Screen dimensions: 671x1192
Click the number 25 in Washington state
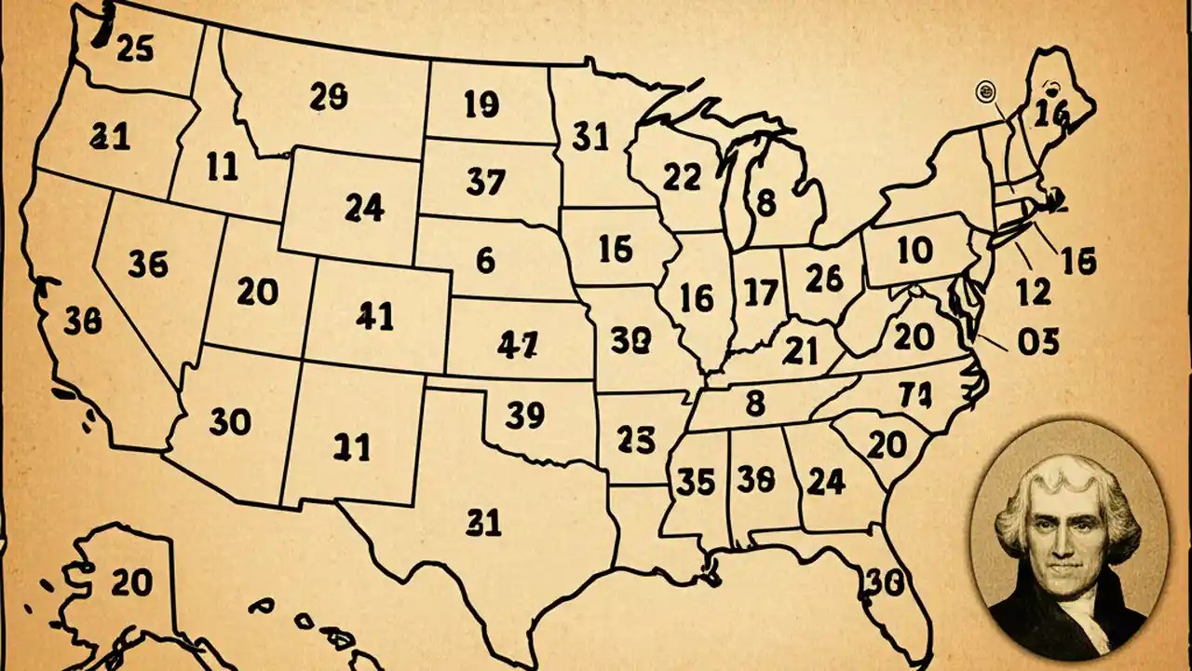(136, 48)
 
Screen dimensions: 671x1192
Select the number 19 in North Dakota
(481, 105)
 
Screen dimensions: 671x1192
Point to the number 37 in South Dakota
(485, 182)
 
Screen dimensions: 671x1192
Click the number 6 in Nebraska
(485, 260)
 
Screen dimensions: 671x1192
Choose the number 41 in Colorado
(375, 317)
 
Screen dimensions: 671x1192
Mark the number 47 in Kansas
(517, 346)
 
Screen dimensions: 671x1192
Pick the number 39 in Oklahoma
(525, 416)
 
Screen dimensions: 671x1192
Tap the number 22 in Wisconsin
(682, 176)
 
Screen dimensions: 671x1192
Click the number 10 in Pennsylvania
(914, 249)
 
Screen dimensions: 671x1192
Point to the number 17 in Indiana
(761, 294)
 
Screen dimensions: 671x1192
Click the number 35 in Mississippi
(696, 481)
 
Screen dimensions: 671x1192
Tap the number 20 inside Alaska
(130, 582)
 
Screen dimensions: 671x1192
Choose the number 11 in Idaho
(222, 168)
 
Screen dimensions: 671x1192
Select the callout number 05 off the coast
(1038, 343)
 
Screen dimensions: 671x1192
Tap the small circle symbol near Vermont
(984, 90)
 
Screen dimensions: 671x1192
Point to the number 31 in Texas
(484, 523)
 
